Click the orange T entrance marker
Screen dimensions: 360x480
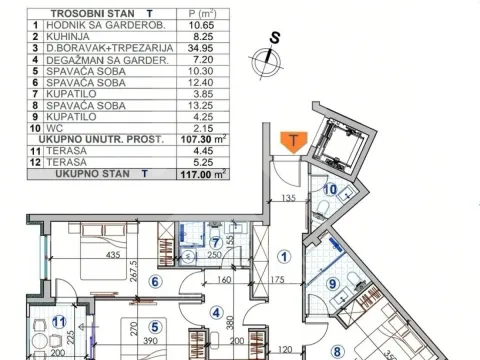(292, 141)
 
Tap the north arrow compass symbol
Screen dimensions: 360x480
(267, 61)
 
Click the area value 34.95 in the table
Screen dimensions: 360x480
(204, 46)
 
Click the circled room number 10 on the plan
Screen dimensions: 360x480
(330, 188)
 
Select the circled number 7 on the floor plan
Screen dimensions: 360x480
(216, 242)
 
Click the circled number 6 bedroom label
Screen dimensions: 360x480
(155, 281)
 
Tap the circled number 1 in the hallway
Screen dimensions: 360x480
(283, 254)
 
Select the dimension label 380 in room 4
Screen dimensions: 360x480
(229, 322)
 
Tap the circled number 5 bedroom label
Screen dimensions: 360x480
(154, 325)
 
